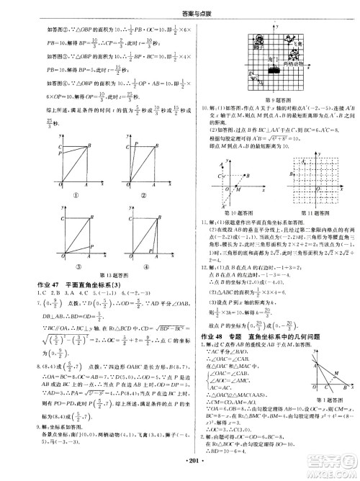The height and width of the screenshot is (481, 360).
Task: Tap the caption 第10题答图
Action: coord(235,213)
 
